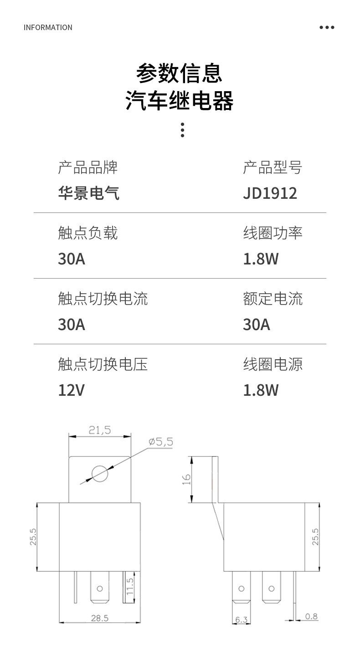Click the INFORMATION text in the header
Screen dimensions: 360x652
48,27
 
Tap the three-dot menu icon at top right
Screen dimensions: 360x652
327,27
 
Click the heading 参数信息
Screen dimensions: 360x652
180,73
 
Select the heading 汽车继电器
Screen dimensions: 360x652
180,101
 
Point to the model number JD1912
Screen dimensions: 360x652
270,193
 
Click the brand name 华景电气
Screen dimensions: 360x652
88,193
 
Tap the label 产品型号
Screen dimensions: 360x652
273,167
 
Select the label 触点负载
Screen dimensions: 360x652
87,233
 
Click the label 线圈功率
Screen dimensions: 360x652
273,233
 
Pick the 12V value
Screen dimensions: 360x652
71,390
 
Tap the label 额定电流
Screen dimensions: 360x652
273,299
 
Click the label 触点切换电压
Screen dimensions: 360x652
103,364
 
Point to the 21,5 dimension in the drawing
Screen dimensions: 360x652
100,430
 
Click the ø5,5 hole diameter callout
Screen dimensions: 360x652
160,442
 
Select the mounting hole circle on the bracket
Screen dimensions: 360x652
100,473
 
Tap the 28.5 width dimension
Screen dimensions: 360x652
99,618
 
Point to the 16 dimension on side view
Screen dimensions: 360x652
187,479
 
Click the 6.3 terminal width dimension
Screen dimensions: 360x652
242,620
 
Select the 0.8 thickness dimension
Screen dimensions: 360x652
311,617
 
